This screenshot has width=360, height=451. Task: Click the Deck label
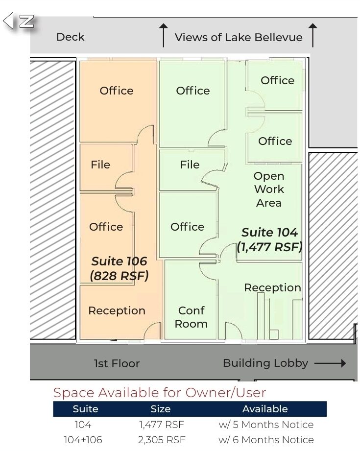70,37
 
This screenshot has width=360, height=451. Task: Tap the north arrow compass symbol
19,21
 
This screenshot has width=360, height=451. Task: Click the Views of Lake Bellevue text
239,37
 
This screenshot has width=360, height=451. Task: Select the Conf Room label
192,317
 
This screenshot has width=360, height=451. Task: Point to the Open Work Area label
269,189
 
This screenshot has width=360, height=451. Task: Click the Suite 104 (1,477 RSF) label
269,239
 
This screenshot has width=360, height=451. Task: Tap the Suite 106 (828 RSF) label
119,268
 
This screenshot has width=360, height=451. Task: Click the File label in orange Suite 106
100,165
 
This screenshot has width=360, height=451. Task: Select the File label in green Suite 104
190,165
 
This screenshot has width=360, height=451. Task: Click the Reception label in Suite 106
117,310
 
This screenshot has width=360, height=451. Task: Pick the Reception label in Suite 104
272,287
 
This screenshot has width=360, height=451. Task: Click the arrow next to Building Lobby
330,363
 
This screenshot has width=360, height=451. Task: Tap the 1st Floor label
117,363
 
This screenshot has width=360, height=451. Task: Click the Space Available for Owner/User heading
160,393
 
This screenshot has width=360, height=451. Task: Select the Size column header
161,409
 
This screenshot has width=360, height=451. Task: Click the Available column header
265,409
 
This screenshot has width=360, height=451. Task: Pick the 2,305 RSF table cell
162,440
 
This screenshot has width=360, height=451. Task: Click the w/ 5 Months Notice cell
266,425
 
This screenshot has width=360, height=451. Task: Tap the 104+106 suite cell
83,440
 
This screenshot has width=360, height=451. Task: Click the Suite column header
85,409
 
